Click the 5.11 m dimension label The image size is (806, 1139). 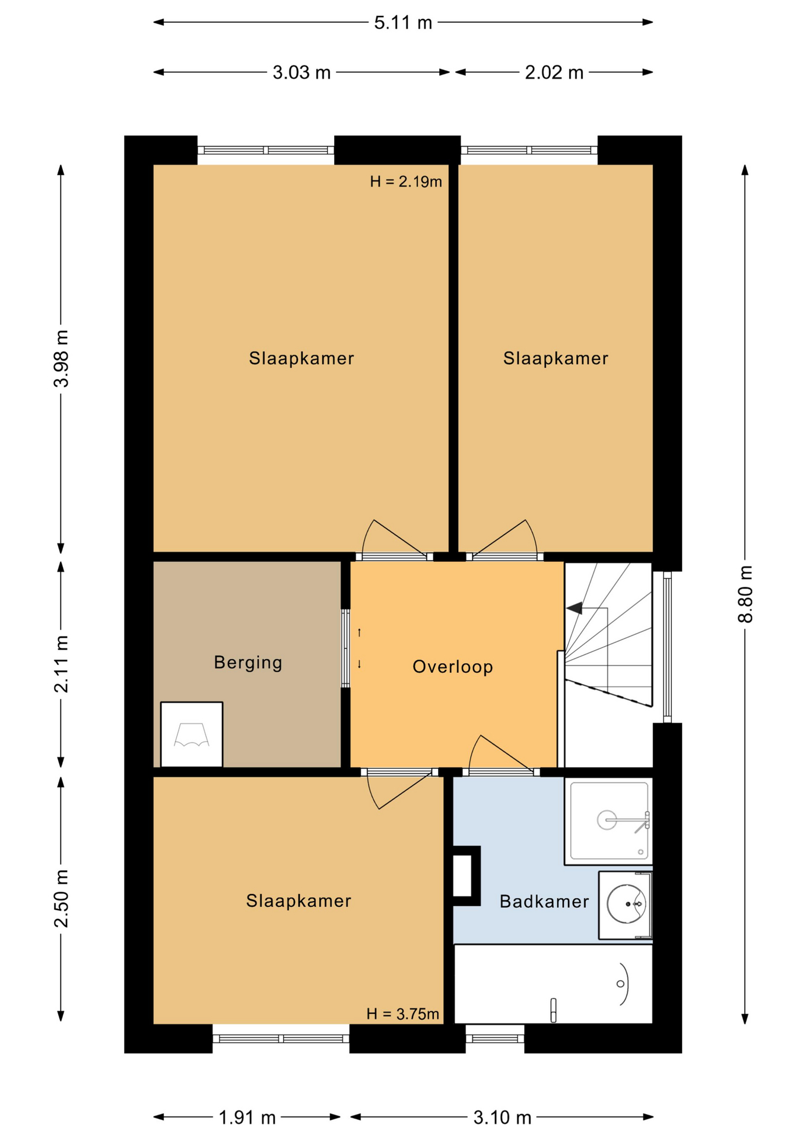pos(402,23)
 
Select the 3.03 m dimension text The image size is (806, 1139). pos(301,72)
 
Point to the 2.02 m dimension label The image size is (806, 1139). pos(554,72)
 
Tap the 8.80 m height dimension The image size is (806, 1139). pos(745,594)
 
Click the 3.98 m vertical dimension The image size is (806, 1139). pos(61,358)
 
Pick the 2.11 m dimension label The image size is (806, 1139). pos(61,663)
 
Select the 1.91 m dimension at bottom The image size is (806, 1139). pos(247,1118)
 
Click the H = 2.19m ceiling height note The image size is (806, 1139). pos(405,182)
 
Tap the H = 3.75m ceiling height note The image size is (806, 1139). pos(402,1014)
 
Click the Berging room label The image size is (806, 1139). pos(247,662)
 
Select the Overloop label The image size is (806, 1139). pos(452,667)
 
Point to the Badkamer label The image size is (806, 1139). pos(544,902)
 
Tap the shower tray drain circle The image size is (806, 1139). pos(607,820)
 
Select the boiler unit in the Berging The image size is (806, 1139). pos(191,734)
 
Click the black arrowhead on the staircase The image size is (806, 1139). pos(574,608)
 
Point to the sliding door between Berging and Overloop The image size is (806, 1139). pos(345,648)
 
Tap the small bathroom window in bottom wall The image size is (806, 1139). pos(494,1038)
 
